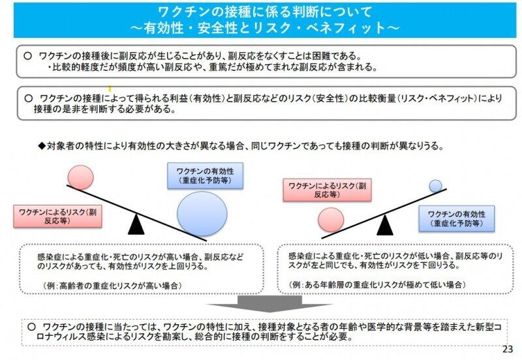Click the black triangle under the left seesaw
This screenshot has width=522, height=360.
(136, 224)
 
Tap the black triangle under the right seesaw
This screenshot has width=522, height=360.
(385, 224)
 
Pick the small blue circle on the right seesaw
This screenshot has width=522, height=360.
(436, 187)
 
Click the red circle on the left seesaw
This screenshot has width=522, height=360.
(81, 177)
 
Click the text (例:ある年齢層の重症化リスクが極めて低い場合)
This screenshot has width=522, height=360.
(376, 285)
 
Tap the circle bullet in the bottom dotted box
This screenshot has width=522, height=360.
(32, 325)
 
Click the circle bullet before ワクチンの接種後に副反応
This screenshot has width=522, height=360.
(27, 56)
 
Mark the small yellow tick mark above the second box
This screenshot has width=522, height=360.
(110, 87)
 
